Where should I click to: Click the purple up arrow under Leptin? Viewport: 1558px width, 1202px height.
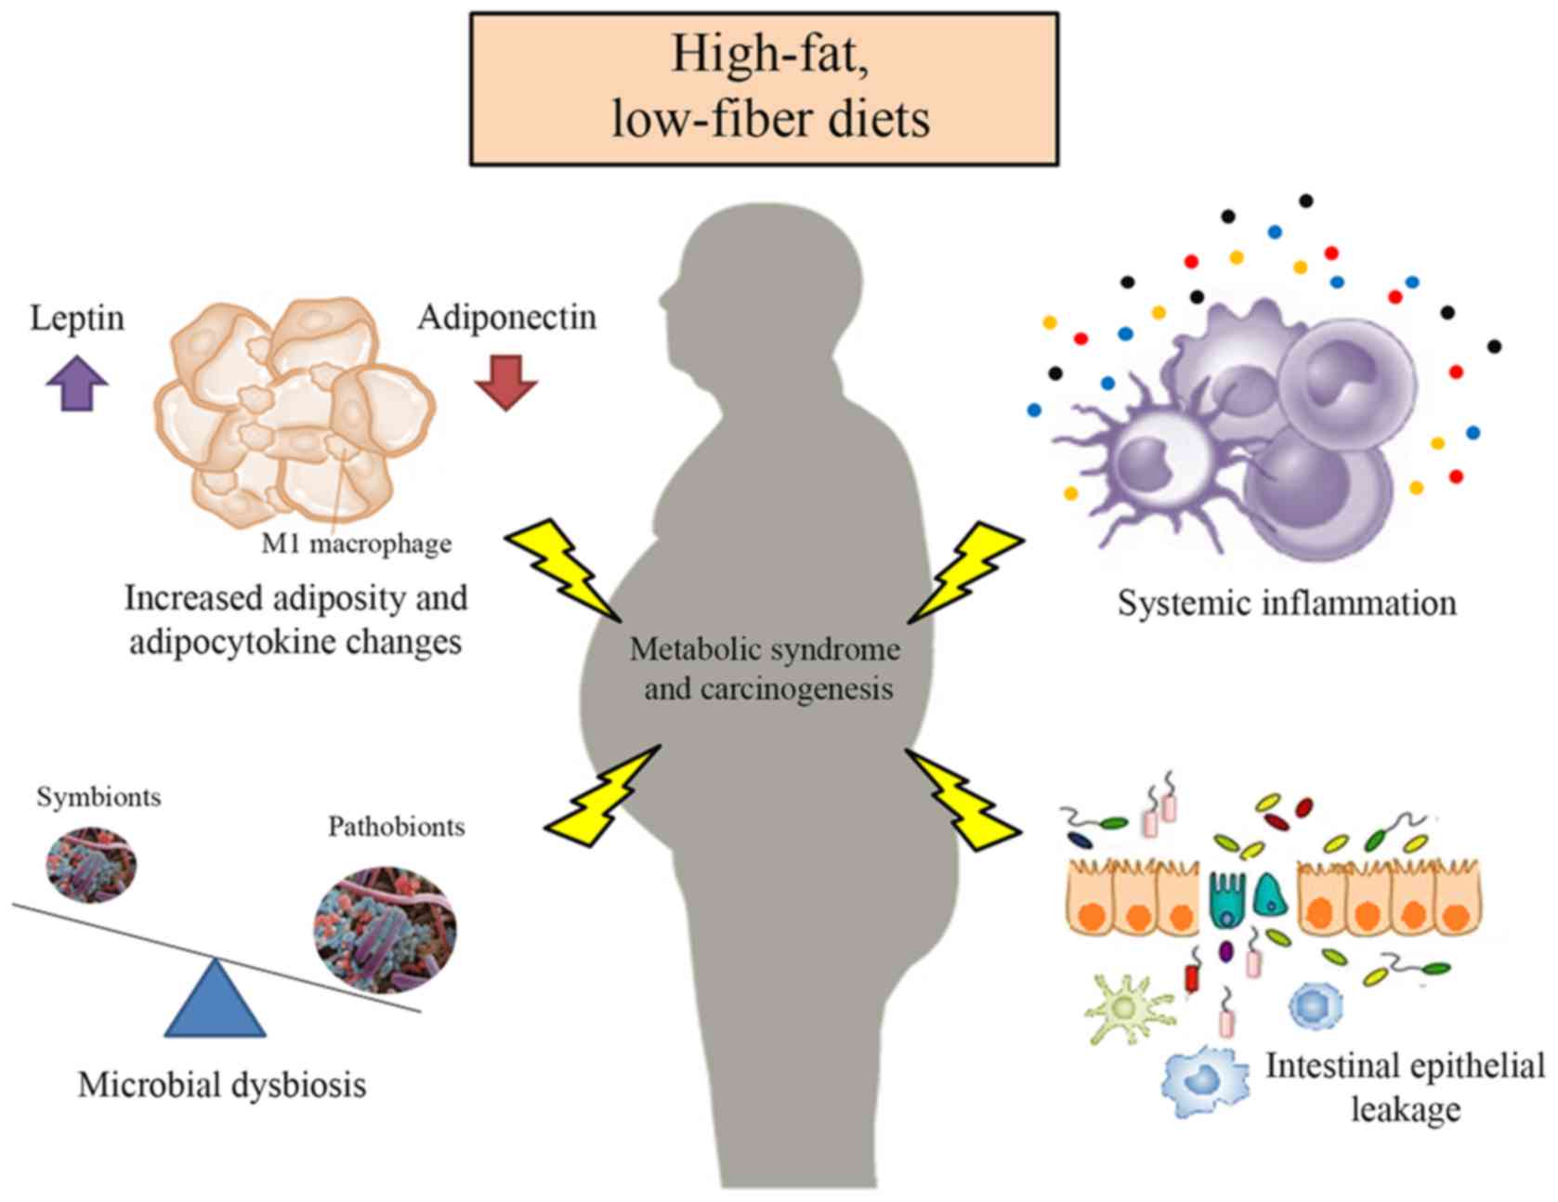77,383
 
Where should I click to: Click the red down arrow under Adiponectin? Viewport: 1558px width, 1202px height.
506,383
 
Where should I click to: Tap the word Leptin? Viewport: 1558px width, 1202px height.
77,319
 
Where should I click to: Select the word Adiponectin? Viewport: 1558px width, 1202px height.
506,318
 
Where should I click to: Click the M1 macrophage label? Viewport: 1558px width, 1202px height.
357,543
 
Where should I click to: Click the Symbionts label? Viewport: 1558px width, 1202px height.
98,797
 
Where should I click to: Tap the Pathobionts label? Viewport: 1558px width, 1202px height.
396,827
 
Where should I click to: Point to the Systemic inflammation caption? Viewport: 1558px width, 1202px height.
1287,604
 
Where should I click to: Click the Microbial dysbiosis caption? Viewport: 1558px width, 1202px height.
222,1084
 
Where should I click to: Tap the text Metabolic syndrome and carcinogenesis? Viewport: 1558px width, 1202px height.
766,669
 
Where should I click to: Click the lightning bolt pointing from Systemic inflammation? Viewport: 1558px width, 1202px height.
966,571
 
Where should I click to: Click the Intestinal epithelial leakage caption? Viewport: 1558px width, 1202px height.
1404,1087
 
